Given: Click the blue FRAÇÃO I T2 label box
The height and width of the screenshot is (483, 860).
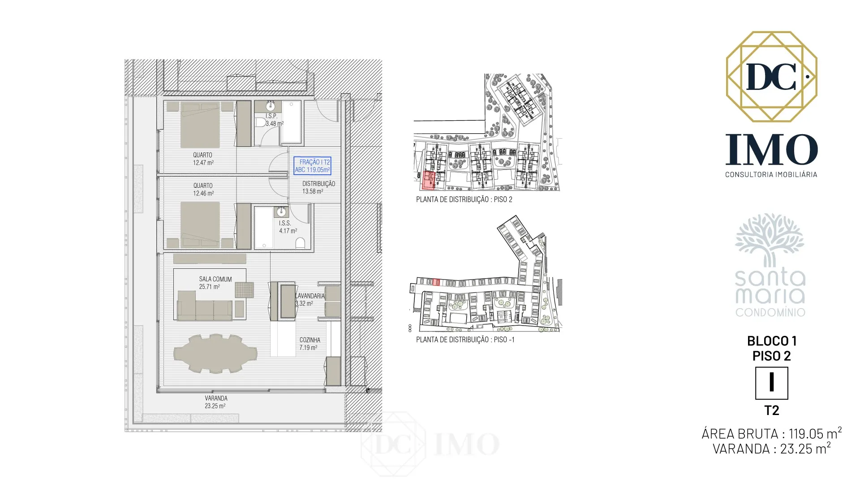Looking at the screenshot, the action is [x=312, y=165].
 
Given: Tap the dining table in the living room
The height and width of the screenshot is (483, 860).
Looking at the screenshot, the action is [x=215, y=353].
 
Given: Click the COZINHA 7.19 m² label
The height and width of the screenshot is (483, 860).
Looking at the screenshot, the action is [x=309, y=343].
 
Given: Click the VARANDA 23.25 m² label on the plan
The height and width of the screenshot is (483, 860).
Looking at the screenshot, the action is [x=216, y=402].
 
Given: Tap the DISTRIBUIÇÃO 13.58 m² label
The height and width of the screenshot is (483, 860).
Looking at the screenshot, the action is [x=318, y=187].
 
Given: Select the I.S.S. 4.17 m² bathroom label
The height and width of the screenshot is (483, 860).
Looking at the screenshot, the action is [x=287, y=227].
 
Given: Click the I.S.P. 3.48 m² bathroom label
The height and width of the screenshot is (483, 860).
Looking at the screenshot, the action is [x=273, y=120].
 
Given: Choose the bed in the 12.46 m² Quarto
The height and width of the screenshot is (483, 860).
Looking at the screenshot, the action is [x=200, y=225].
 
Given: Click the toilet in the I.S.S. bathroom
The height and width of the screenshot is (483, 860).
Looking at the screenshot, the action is [x=301, y=243].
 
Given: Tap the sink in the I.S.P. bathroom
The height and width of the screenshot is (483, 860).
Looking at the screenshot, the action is [x=271, y=106].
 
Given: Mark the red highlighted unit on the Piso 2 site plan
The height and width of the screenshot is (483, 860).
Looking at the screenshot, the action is [x=429, y=181].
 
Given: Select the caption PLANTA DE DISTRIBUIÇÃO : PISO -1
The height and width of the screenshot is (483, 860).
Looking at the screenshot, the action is [x=465, y=340].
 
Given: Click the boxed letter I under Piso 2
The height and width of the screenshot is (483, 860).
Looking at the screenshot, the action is [x=771, y=383].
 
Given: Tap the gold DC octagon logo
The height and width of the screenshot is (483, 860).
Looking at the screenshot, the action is [x=771, y=76].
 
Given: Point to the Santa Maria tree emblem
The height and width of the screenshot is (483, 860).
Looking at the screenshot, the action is [x=770, y=240].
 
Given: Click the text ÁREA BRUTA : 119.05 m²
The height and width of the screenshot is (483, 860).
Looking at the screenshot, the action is [x=771, y=433].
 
